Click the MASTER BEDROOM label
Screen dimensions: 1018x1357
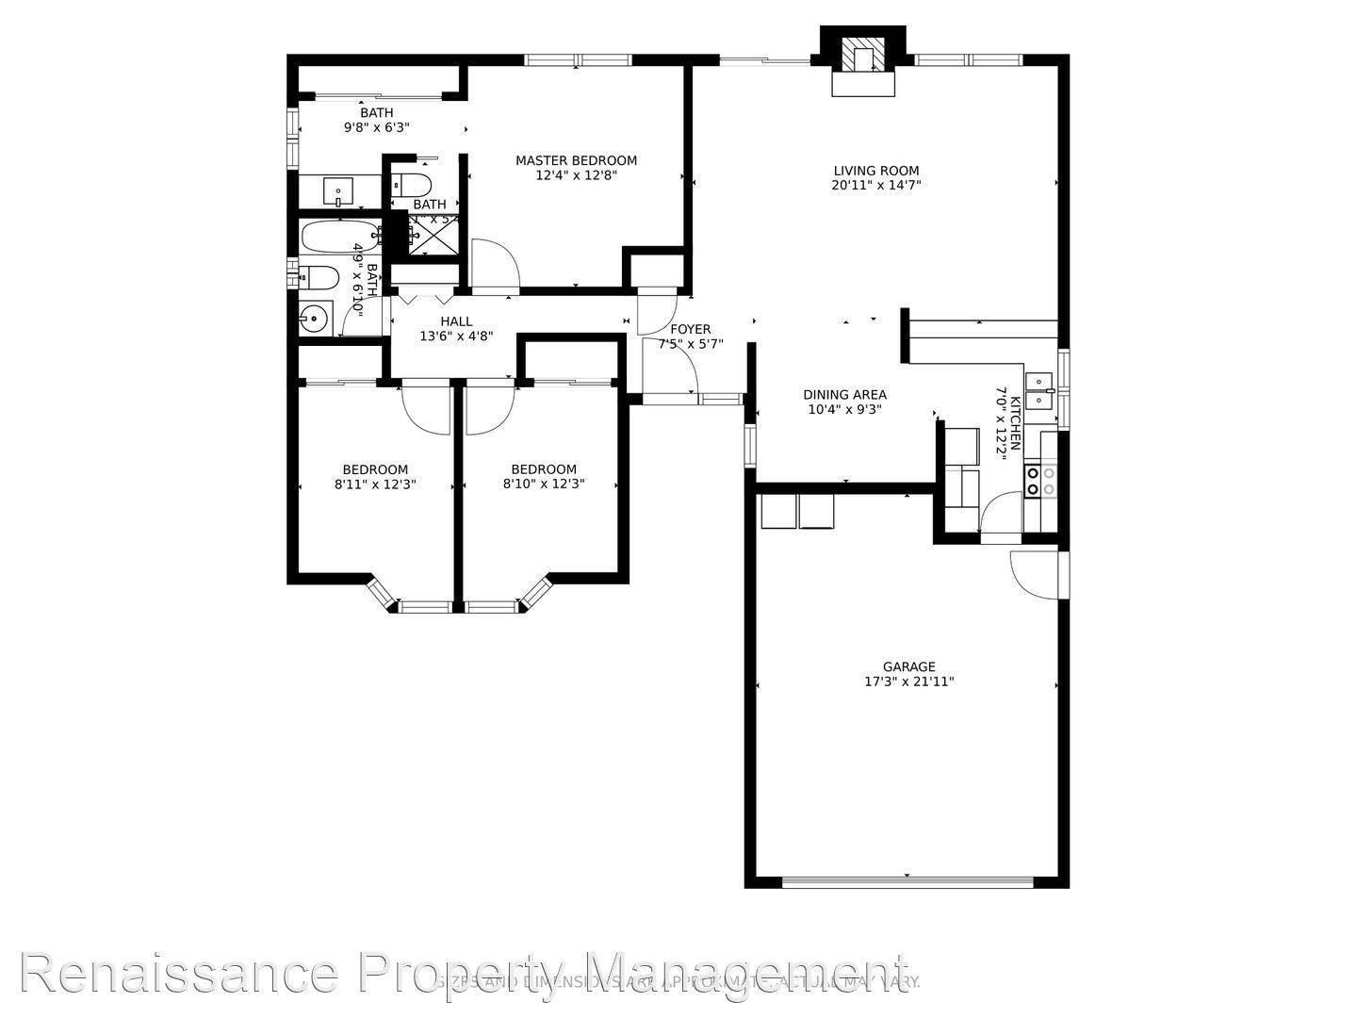click(x=576, y=160)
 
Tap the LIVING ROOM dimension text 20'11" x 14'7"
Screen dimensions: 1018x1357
click(x=875, y=186)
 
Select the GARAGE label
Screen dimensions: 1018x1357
click(x=908, y=666)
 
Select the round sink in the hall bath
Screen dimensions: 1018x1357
click(x=312, y=319)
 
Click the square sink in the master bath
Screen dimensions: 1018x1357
click(x=337, y=191)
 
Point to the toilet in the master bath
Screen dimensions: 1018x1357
click(x=412, y=183)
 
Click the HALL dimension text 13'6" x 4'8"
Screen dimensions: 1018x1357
click(x=456, y=336)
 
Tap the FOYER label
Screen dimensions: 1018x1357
click(x=690, y=329)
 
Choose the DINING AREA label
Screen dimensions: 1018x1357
click(x=844, y=395)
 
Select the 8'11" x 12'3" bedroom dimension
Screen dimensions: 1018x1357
click(x=375, y=484)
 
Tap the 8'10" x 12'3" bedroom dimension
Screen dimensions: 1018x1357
click(x=544, y=484)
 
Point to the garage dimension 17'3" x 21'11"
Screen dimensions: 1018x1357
click(x=908, y=681)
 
